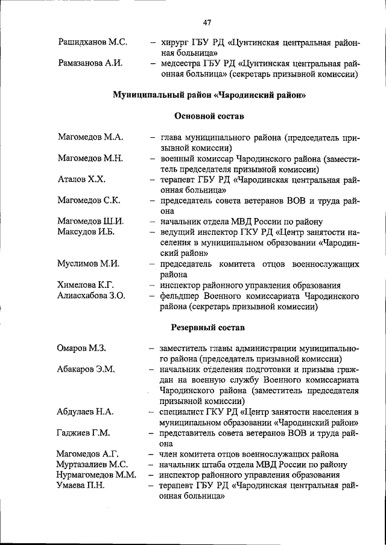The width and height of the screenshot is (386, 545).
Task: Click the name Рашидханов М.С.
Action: coord(92,42)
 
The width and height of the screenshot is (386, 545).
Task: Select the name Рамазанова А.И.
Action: coord(90,63)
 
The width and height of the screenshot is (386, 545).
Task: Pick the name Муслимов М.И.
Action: coord(89,264)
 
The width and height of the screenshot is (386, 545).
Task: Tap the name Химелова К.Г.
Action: coord(86,285)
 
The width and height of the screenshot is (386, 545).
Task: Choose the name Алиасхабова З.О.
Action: coord(91,296)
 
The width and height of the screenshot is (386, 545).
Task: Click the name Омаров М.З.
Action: coord(82,348)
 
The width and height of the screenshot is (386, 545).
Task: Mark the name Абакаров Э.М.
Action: coord(86,369)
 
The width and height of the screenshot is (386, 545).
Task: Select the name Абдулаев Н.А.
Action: coord(86,412)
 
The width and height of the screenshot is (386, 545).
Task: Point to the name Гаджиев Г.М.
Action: coord(84,433)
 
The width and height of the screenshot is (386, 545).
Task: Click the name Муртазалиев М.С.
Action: coord(92,464)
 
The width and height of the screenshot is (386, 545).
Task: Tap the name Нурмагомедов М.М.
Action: coord(97,475)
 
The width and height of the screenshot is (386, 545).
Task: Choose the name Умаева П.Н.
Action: coord(81,485)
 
